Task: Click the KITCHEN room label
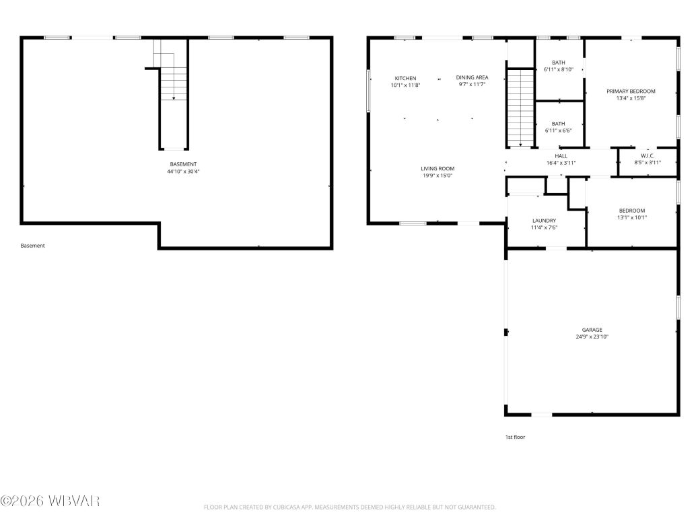(405, 78)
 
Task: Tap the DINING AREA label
(472, 78)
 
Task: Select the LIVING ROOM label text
(438, 168)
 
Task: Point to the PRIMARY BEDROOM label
(631, 91)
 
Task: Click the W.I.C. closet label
(647, 155)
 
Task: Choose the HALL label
(561, 156)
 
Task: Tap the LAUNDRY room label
(544, 220)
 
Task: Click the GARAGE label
(592, 330)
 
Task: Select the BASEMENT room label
(183, 164)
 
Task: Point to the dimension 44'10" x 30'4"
(183, 172)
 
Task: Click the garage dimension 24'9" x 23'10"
(592, 337)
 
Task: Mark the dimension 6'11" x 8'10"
(558, 69)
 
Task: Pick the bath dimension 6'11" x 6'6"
(558, 131)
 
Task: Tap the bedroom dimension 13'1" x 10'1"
(632, 217)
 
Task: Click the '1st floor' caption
(515, 437)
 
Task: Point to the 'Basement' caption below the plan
(32, 246)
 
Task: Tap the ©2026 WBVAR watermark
(50, 501)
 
